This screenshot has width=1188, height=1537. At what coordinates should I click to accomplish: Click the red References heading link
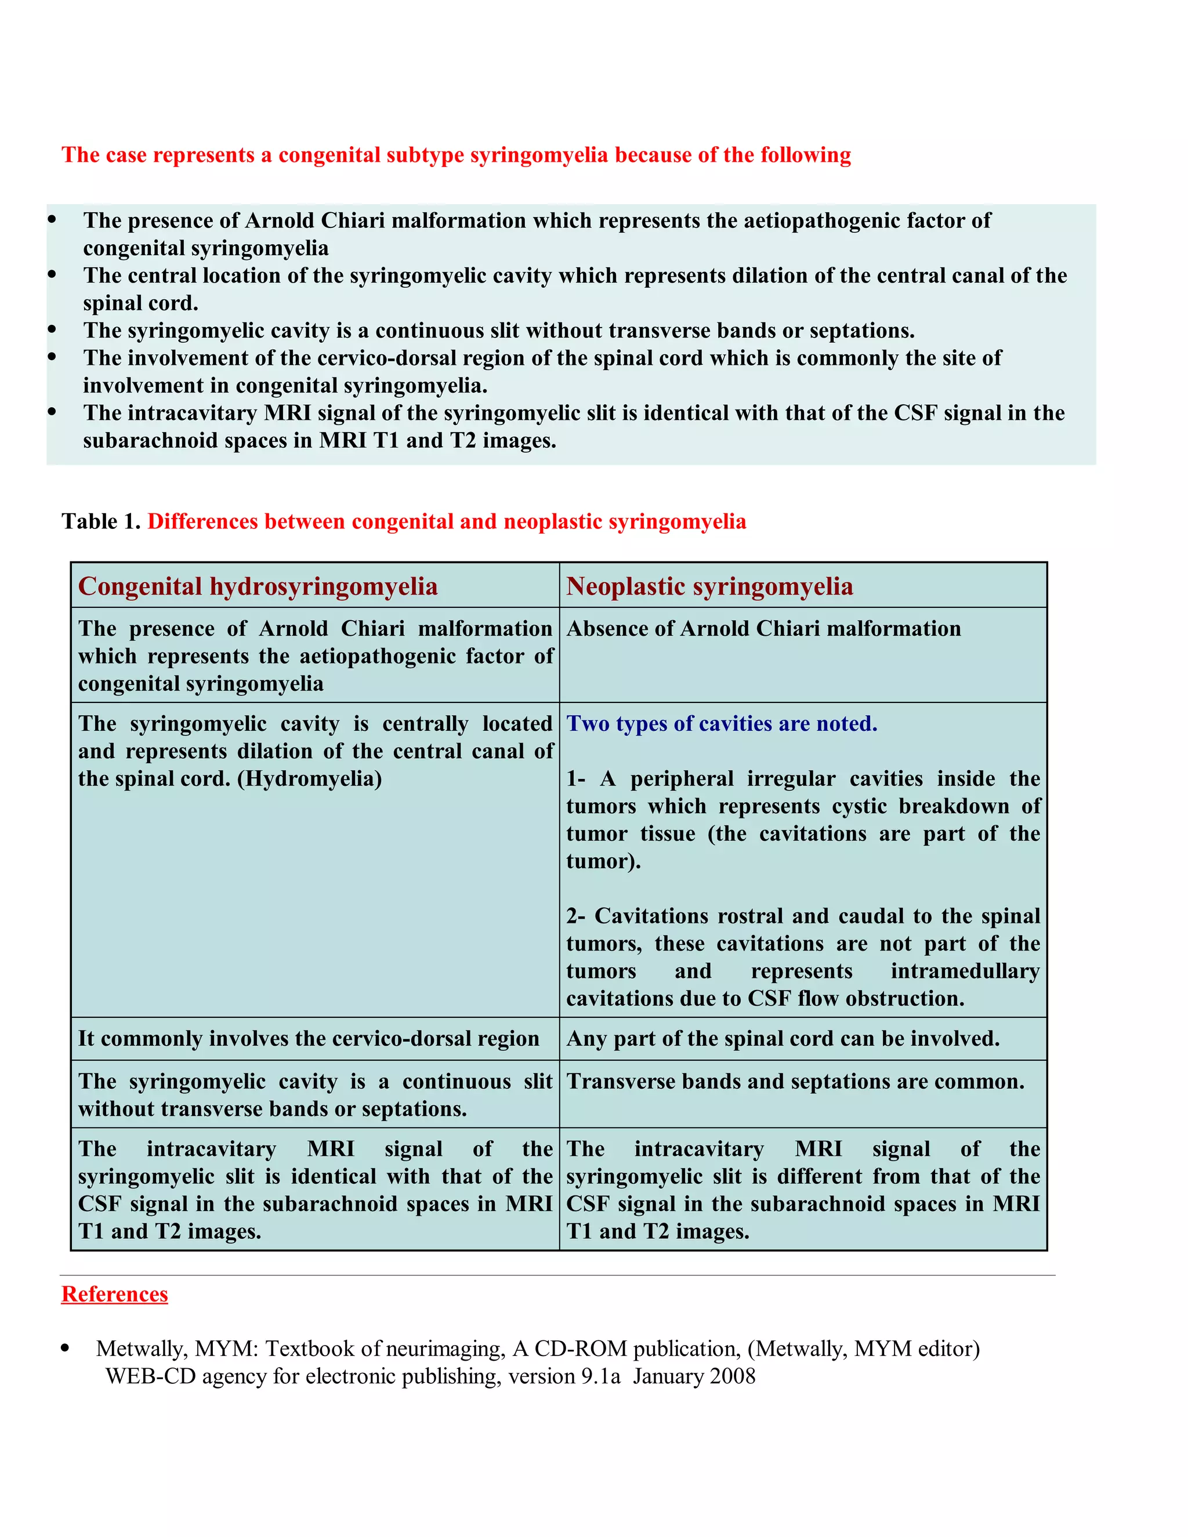[114, 1294]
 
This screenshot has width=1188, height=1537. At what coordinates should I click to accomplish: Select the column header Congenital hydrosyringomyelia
[258, 586]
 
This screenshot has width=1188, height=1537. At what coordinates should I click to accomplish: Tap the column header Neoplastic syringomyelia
[709, 586]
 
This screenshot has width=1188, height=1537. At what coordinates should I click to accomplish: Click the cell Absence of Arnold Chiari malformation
[763, 629]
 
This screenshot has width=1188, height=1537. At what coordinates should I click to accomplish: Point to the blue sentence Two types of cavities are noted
[722, 723]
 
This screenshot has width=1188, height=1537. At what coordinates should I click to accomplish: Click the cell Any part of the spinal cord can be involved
[783, 1039]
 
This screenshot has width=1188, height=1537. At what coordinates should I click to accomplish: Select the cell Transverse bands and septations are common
[795, 1081]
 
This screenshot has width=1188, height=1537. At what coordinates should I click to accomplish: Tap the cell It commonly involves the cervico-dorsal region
[308, 1039]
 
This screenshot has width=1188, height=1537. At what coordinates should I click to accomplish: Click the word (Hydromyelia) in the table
[310, 779]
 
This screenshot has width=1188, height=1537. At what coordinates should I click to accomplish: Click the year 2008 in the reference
[732, 1376]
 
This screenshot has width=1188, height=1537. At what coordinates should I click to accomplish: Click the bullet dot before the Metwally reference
[66, 1348]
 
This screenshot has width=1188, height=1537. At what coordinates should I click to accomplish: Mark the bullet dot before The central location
[52, 274]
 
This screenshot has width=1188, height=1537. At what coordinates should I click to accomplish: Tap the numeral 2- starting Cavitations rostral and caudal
[575, 916]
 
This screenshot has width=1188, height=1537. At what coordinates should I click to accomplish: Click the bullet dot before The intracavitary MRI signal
[52, 412]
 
